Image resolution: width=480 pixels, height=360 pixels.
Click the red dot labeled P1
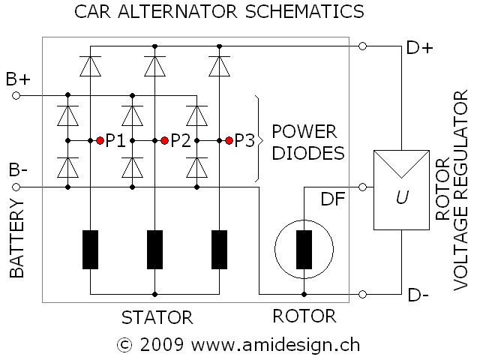(100, 140)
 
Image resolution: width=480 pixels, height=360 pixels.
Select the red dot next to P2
(164, 140)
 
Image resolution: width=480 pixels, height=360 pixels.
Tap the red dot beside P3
(229, 140)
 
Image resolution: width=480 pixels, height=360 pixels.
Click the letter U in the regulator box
(402, 199)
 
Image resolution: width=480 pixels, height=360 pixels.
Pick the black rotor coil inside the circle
(304, 249)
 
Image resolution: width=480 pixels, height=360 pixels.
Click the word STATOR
(157, 317)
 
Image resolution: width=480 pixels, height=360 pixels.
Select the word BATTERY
(18, 244)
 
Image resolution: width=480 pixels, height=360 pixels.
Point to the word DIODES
(307, 153)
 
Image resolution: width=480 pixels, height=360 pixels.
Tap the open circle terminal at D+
(363, 46)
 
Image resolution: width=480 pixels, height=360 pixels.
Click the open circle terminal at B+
(17, 95)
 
